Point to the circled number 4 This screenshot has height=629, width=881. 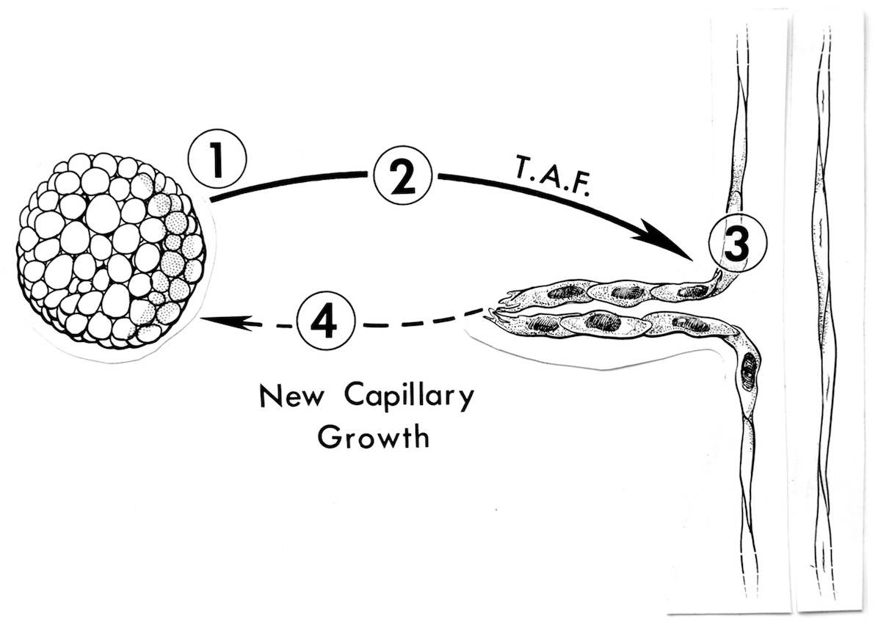[x=325, y=321]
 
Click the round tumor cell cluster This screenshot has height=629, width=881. [x=110, y=250]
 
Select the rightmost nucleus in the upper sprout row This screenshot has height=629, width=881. [x=690, y=291]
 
